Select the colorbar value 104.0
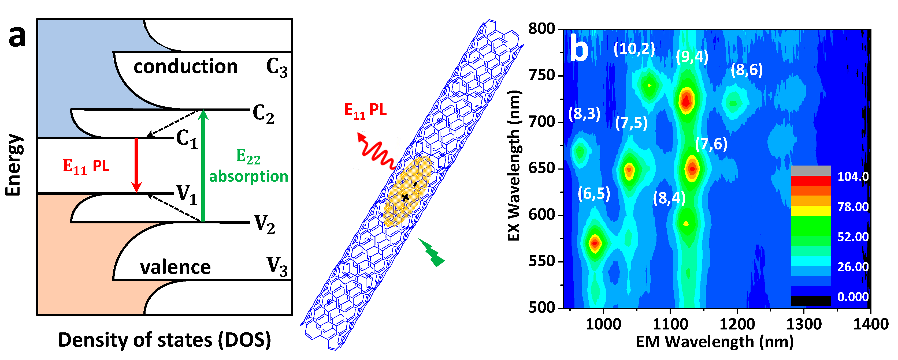tap(853, 177)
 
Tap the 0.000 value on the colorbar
tap(853, 297)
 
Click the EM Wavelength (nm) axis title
tap(715, 342)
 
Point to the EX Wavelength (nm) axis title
tap(514, 166)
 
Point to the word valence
tap(175, 267)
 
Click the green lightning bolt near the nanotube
tap(432, 252)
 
